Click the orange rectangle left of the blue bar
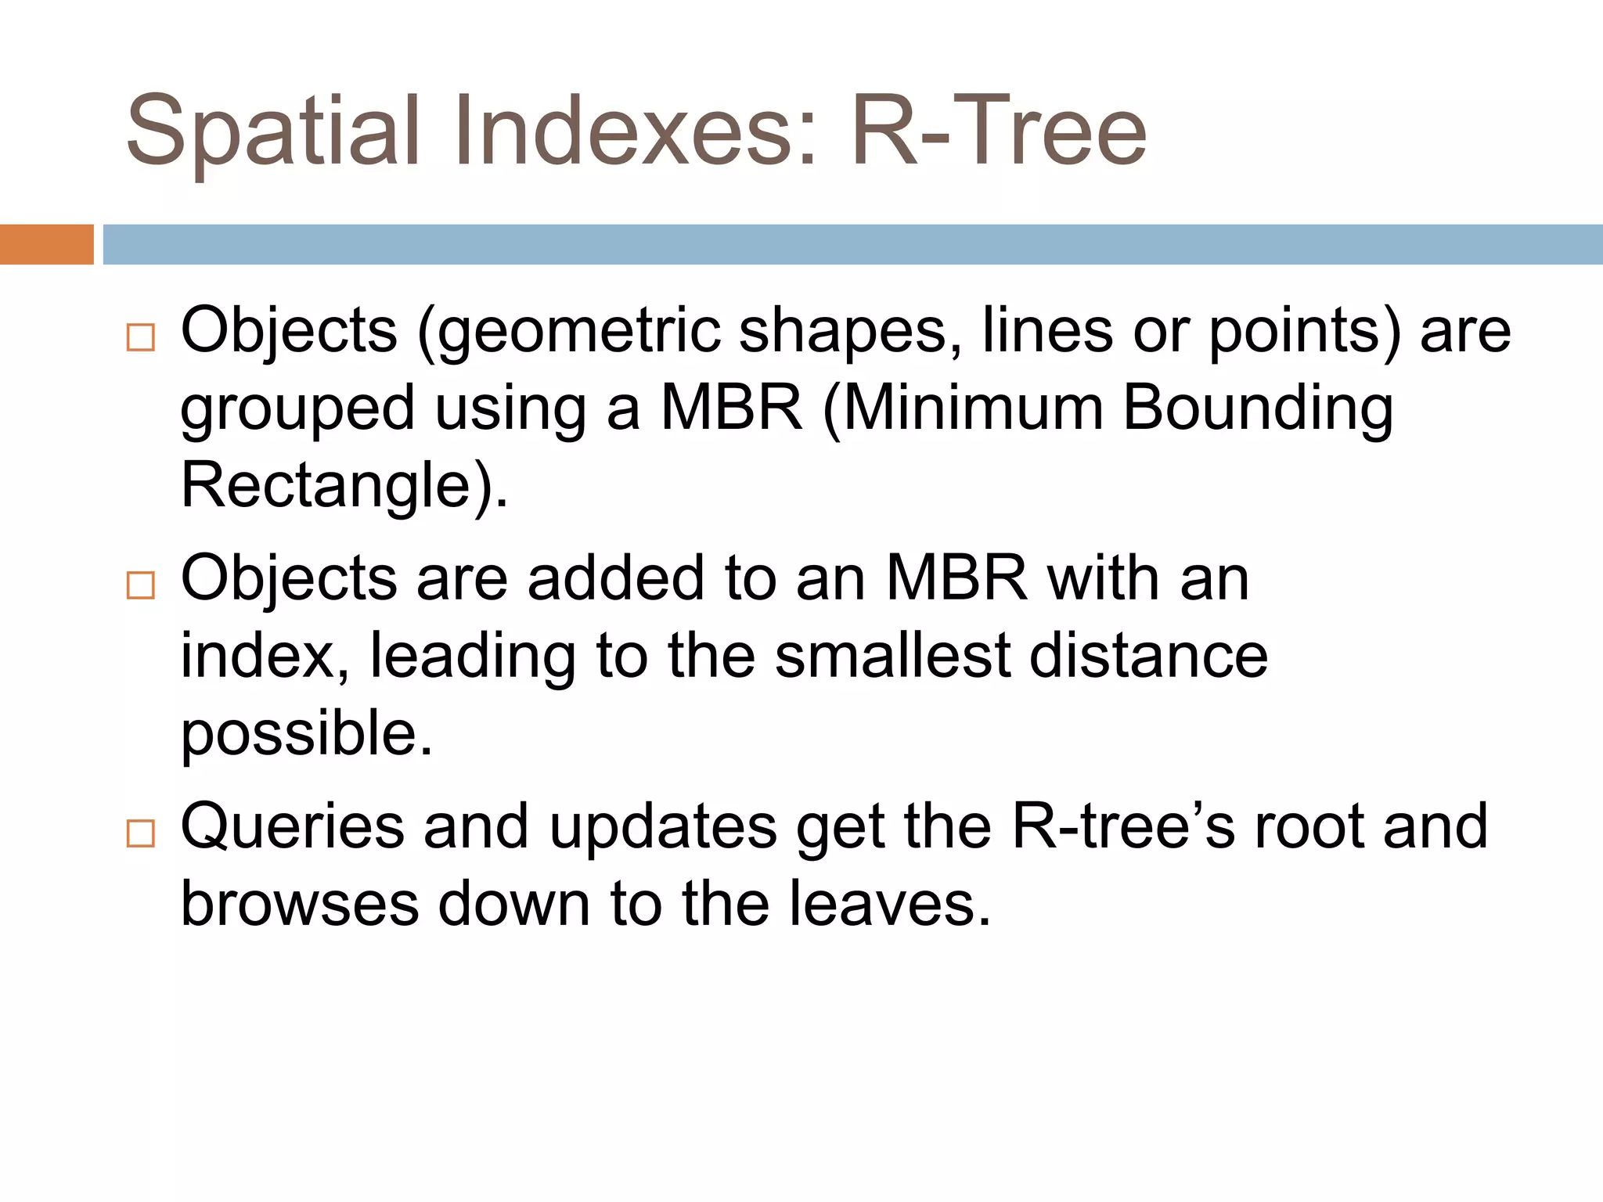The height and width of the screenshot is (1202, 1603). point(46,244)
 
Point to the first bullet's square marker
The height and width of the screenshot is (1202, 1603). point(141,338)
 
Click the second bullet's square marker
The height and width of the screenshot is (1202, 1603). point(141,585)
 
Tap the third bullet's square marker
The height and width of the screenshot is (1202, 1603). point(141,833)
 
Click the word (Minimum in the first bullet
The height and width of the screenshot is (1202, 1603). point(963,409)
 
